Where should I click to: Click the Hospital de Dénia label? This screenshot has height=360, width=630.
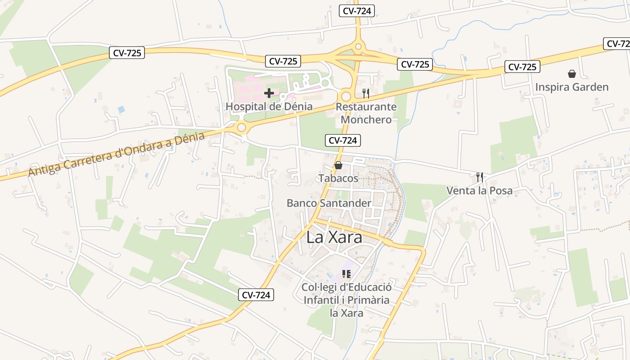click(269, 107)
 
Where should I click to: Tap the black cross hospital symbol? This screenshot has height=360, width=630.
click(269, 93)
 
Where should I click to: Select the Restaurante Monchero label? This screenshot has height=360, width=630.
click(366, 113)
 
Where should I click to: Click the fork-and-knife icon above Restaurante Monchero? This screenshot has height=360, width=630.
click(365, 93)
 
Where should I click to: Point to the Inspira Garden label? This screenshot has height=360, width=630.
click(571, 87)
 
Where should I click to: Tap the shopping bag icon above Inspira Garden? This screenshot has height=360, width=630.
click(571, 73)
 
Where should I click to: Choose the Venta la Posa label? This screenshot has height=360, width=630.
click(479, 190)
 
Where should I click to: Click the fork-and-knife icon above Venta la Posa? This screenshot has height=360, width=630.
click(480, 177)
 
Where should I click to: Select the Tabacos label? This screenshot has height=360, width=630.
click(338, 178)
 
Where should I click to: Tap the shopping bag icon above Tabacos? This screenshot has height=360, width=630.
click(338, 165)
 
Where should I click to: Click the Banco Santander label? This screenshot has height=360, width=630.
click(329, 203)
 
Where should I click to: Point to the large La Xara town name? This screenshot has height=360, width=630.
click(334, 238)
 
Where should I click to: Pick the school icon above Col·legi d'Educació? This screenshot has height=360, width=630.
click(346, 274)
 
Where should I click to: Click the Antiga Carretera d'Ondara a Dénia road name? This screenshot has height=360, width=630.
click(117, 154)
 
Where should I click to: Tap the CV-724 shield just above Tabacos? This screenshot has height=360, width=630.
click(342, 140)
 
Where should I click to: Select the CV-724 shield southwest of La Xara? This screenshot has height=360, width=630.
click(256, 295)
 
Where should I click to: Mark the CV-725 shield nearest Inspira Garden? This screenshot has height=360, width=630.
click(522, 67)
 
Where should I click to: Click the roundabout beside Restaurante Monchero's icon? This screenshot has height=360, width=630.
click(346, 96)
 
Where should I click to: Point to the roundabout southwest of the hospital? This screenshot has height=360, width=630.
click(242, 128)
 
